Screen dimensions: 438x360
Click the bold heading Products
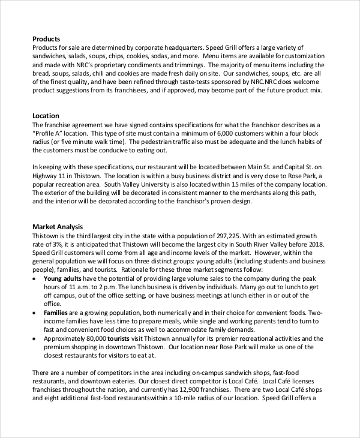(x=46, y=39)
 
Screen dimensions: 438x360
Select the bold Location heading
(x=46, y=115)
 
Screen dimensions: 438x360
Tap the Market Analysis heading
(x=57, y=227)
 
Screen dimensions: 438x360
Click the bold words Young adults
(x=63, y=279)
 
